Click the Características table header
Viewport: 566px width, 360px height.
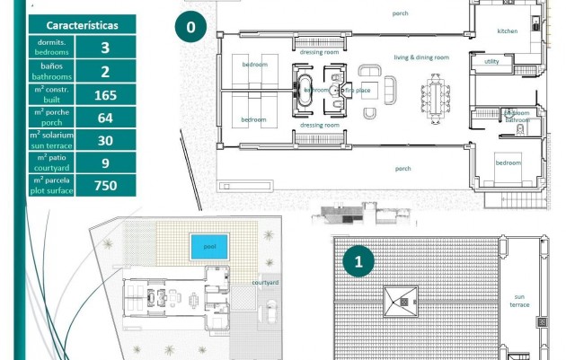(82, 25)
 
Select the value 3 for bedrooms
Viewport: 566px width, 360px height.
(105, 48)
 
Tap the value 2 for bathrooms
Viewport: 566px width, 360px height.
(105, 72)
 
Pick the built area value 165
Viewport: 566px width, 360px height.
(105, 94)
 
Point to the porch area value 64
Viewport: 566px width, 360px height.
(105, 118)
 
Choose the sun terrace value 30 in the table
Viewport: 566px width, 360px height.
(105, 140)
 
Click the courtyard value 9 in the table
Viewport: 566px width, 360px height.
(105, 162)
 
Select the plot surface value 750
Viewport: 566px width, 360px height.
(105, 186)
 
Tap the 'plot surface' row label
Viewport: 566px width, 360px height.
(52, 186)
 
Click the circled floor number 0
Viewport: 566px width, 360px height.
(190, 27)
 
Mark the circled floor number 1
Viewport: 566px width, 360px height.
(359, 262)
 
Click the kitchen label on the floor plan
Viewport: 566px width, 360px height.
(508, 31)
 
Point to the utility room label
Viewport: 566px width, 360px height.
(491, 62)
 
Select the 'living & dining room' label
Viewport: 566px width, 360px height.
(434, 57)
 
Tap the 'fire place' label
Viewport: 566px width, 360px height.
(357, 90)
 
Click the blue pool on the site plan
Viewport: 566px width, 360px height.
(208, 246)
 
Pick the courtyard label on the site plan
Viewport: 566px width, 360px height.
(265, 282)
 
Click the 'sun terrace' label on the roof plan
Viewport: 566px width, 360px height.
(521, 300)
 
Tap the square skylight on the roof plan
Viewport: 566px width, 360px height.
(400, 301)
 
